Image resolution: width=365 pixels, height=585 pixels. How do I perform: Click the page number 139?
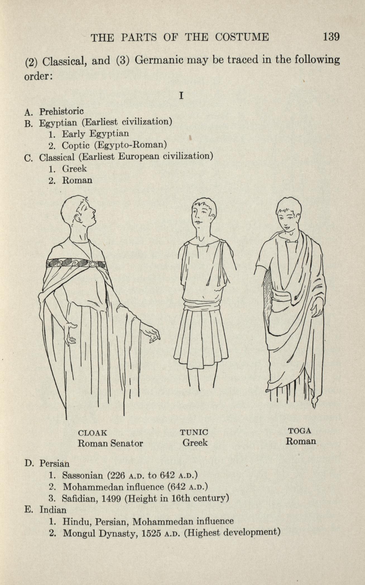click(331, 37)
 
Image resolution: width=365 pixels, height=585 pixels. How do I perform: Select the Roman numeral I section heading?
click(181, 96)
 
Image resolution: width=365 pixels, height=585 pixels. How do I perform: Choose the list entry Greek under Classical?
click(74, 169)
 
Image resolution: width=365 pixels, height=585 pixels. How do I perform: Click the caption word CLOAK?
click(92, 433)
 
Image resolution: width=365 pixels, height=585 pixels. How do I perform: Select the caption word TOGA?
click(300, 431)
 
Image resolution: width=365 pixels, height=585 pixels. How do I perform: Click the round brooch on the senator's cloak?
click(93, 263)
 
